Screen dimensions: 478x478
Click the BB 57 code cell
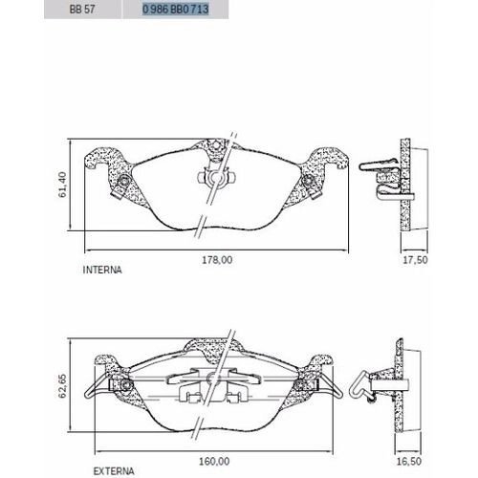click(x=82, y=9)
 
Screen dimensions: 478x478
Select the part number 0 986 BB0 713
click(x=176, y=9)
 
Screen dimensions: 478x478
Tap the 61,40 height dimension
click(x=63, y=185)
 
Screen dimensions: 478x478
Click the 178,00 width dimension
click(x=217, y=260)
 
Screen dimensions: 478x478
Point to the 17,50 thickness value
click(x=415, y=260)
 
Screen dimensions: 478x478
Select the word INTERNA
click(x=102, y=270)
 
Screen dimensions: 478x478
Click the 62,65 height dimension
click(x=62, y=385)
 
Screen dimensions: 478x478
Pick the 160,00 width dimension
click(x=214, y=461)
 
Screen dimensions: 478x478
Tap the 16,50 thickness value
click(x=409, y=461)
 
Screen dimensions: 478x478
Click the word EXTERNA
click(x=114, y=471)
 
